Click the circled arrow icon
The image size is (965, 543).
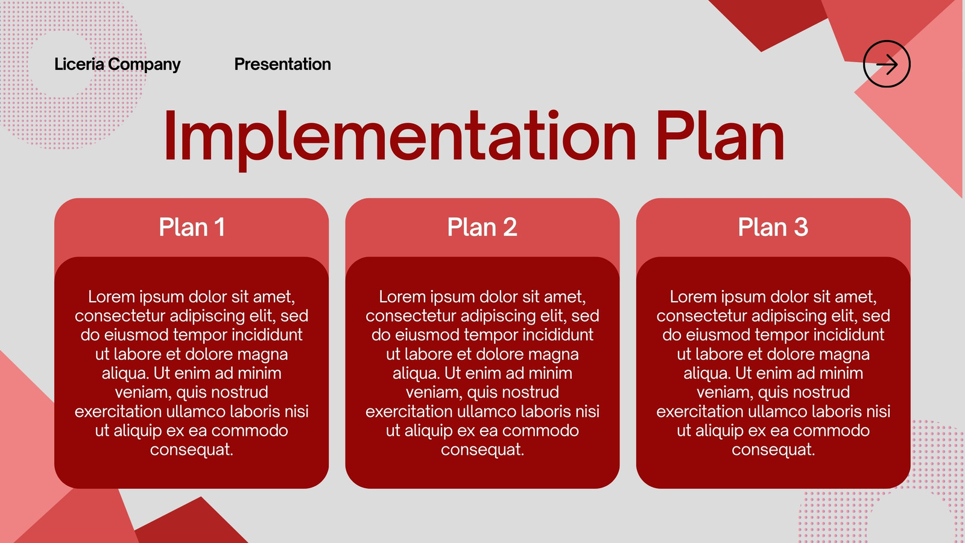pyautogui.click(x=887, y=64)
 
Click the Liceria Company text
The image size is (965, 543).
pyautogui.click(x=117, y=64)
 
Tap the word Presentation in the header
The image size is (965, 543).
pyautogui.click(x=283, y=64)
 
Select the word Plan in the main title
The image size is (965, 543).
pyautogui.click(x=720, y=135)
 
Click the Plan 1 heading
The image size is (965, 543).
pyautogui.click(x=192, y=227)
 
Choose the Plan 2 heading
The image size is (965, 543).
pyautogui.click(x=482, y=227)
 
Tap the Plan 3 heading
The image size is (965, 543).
pyautogui.click(x=773, y=227)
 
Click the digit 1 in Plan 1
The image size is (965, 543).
pyautogui.click(x=220, y=227)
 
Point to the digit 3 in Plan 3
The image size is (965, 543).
pyautogui.click(x=801, y=227)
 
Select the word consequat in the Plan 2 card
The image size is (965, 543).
pyautogui.click(x=482, y=450)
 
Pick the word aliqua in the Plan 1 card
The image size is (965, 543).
pyautogui.click(x=125, y=373)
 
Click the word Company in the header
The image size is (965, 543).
pyautogui.click(x=144, y=65)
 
